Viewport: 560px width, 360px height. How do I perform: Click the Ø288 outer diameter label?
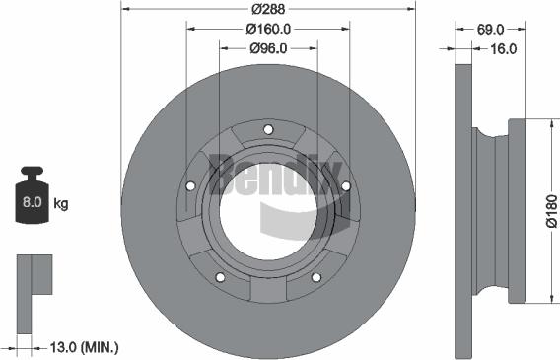(267, 8)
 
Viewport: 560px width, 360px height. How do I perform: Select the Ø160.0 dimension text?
(267, 29)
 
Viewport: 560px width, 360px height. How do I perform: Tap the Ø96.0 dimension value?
(267, 47)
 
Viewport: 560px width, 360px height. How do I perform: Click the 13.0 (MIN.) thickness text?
(84, 346)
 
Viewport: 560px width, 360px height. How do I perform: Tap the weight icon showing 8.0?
(32, 201)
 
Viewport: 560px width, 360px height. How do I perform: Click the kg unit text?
(61, 204)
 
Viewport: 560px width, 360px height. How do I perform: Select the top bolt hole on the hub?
(268, 129)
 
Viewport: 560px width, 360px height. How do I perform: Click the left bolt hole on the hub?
(190, 185)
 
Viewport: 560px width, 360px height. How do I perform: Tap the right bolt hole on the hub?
(345, 185)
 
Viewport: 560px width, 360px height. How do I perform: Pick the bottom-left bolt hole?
(220, 277)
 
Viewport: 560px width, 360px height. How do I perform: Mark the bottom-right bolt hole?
(315, 277)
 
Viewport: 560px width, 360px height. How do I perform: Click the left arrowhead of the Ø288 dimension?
(123, 8)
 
